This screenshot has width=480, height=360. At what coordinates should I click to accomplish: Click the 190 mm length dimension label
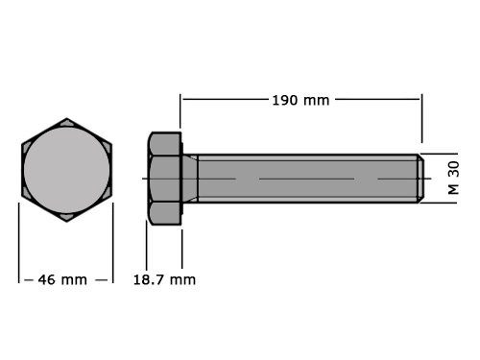[301, 100]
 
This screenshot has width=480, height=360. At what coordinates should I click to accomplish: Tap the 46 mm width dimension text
[62, 279]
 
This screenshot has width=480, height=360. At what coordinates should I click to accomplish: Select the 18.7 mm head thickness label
[163, 279]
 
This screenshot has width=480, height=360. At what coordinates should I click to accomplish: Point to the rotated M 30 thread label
[452, 178]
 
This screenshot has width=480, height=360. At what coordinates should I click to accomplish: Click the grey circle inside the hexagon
[66, 170]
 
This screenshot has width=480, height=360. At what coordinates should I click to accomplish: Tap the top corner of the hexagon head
[66, 120]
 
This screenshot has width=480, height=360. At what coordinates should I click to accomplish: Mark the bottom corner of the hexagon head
[66, 221]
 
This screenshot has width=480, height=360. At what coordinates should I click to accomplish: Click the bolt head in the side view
[164, 178]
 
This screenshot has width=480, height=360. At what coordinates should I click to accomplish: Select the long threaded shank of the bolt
[307, 178]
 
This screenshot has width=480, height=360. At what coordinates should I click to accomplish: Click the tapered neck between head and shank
[190, 178]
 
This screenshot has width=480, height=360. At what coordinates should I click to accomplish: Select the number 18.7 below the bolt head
[149, 279]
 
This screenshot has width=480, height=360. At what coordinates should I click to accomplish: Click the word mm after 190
[316, 100]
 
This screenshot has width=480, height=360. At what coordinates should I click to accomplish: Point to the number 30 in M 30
[452, 169]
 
